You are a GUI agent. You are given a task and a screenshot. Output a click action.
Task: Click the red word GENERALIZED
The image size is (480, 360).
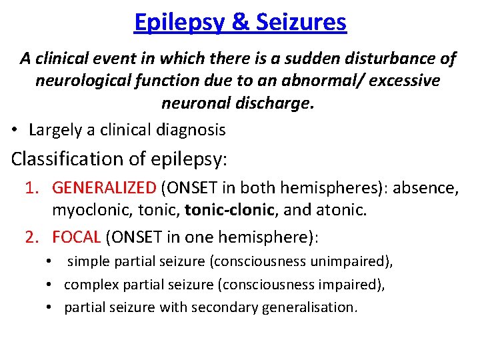103,189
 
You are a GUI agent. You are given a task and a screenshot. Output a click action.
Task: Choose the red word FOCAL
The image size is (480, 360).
76,237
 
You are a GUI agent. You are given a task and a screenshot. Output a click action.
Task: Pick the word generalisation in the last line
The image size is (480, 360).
315,307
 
